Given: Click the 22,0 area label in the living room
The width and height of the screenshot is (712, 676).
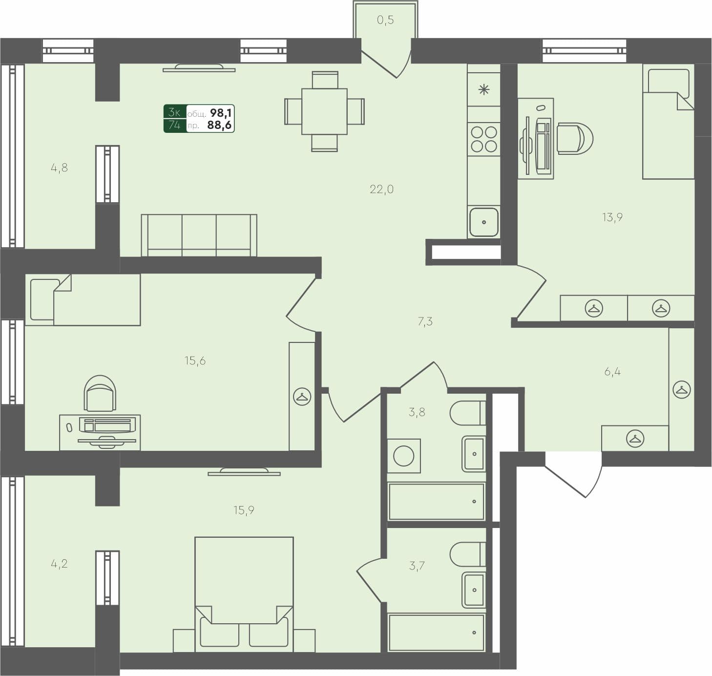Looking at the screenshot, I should (x=381, y=190).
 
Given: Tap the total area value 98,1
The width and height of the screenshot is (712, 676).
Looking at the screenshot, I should (x=221, y=113).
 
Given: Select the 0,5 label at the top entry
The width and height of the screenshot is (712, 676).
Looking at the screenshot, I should (x=385, y=20).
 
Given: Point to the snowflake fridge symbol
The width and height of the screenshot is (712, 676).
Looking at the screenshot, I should (x=483, y=90).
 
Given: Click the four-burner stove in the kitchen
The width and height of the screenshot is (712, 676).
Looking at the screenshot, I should (x=483, y=139).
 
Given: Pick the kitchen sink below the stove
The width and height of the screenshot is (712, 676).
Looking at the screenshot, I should (x=483, y=222).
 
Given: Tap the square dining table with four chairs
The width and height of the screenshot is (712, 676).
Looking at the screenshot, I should (x=324, y=111).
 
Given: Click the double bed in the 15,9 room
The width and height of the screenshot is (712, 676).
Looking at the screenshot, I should (x=244, y=593).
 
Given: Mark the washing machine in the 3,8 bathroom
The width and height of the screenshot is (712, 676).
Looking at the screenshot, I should (x=404, y=456).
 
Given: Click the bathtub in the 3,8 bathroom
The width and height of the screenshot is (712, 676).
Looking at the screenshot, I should (x=436, y=502).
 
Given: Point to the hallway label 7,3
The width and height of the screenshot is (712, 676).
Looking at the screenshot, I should (x=425, y=321).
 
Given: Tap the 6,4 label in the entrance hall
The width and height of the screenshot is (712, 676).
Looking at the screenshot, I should (x=612, y=372).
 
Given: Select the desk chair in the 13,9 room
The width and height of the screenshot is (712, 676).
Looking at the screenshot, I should (x=574, y=139).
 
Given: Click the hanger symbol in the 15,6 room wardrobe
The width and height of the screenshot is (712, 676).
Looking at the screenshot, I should (x=302, y=397).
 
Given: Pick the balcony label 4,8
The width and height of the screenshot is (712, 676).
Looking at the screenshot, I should (x=59, y=168).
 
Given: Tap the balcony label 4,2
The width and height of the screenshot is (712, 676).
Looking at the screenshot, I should (x=59, y=564).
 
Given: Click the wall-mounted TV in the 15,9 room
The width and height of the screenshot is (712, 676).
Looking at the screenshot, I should (x=244, y=472).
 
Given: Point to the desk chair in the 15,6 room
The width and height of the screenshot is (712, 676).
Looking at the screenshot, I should (x=100, y=394).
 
